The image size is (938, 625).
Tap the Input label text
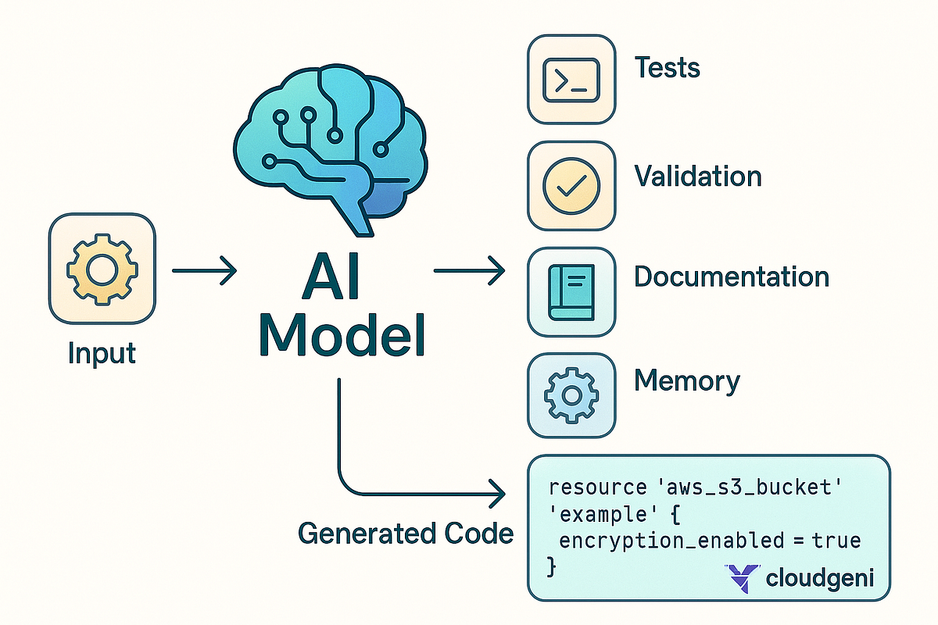(x=102, y=353)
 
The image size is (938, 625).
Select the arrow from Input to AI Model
(x=203, y=272)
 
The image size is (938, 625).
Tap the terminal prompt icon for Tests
(x=571, y=78)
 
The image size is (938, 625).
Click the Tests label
(x=667, y=68)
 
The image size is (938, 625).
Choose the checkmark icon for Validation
(x=571, y=184)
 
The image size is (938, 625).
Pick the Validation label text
(x=697, y=176)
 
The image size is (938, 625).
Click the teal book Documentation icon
(x=571, y=291)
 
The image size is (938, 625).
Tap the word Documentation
(x=731, y=277)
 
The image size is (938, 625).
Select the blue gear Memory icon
(x=571, y=395)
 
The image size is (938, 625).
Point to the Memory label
(x=686, y=381)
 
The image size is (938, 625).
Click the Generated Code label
(x=406, y=534)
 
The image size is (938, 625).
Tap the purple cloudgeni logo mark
(x=741, y=578)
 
